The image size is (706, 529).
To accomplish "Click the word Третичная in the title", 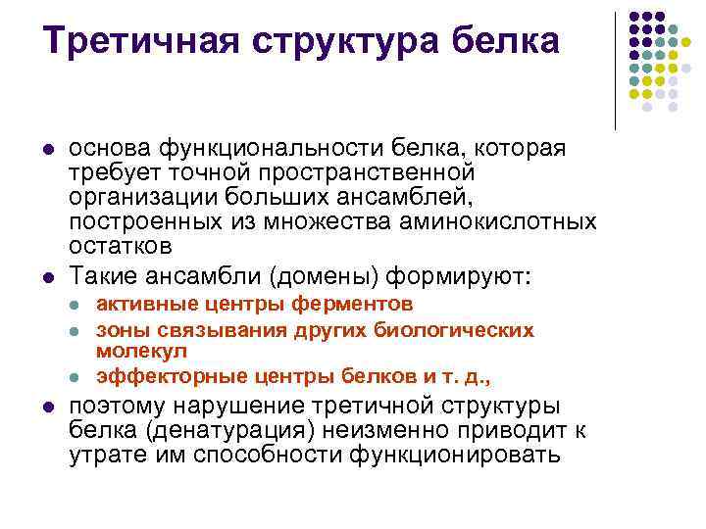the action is point(141,41).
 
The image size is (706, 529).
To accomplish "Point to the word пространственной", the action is point(367,173).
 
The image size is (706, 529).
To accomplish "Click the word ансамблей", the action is point(404,198).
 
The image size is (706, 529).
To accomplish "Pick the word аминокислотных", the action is point(497,222).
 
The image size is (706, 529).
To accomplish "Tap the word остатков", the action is point(121,247).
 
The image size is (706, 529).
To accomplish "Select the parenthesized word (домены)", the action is point(325,276).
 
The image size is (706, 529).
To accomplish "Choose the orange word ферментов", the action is point(352,305).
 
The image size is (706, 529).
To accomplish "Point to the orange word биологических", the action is point(454,331).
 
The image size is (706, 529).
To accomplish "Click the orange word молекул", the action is point(141,351).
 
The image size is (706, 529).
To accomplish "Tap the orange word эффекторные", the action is point(172,377).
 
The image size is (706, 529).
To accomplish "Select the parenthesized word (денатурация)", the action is point(229,431).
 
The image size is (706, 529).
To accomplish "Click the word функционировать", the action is point(455,456).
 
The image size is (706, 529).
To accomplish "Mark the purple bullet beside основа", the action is point(49,149).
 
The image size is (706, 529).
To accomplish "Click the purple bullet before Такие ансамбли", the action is point(49,277).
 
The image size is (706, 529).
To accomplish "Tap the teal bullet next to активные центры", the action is point(75,306).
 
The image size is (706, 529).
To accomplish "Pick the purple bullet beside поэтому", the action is point(49,408).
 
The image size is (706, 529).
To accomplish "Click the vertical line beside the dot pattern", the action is point(615,72).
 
